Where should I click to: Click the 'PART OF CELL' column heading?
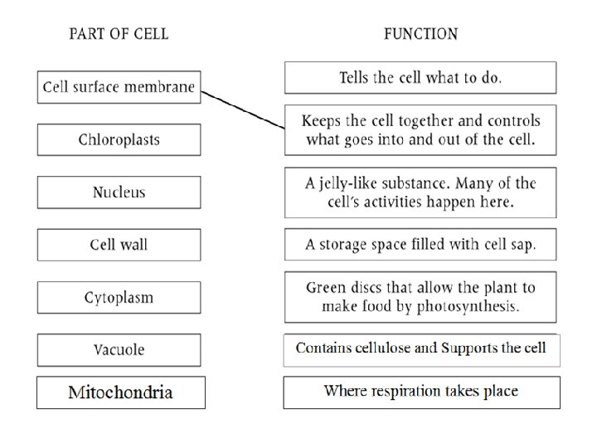tap(119, 34)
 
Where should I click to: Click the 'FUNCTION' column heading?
tap(420, 34)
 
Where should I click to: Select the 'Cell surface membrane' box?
tap(119, 86)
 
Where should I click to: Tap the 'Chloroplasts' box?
tap(119, 139)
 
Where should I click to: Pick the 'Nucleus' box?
tap(119, 192)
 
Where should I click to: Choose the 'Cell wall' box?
tap(119, 245)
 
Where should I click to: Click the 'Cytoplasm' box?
tap(119, 297)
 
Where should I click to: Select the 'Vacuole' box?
tap(119, 349)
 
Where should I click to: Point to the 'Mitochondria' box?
tap(120, 392)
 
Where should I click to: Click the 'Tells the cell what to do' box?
tap(420, 78)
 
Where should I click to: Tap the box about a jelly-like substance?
tap(420, 192)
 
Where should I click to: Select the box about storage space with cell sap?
tap(420, 245)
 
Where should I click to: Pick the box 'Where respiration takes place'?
tap(420, 392)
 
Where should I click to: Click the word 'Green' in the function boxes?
tap(325, 288)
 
